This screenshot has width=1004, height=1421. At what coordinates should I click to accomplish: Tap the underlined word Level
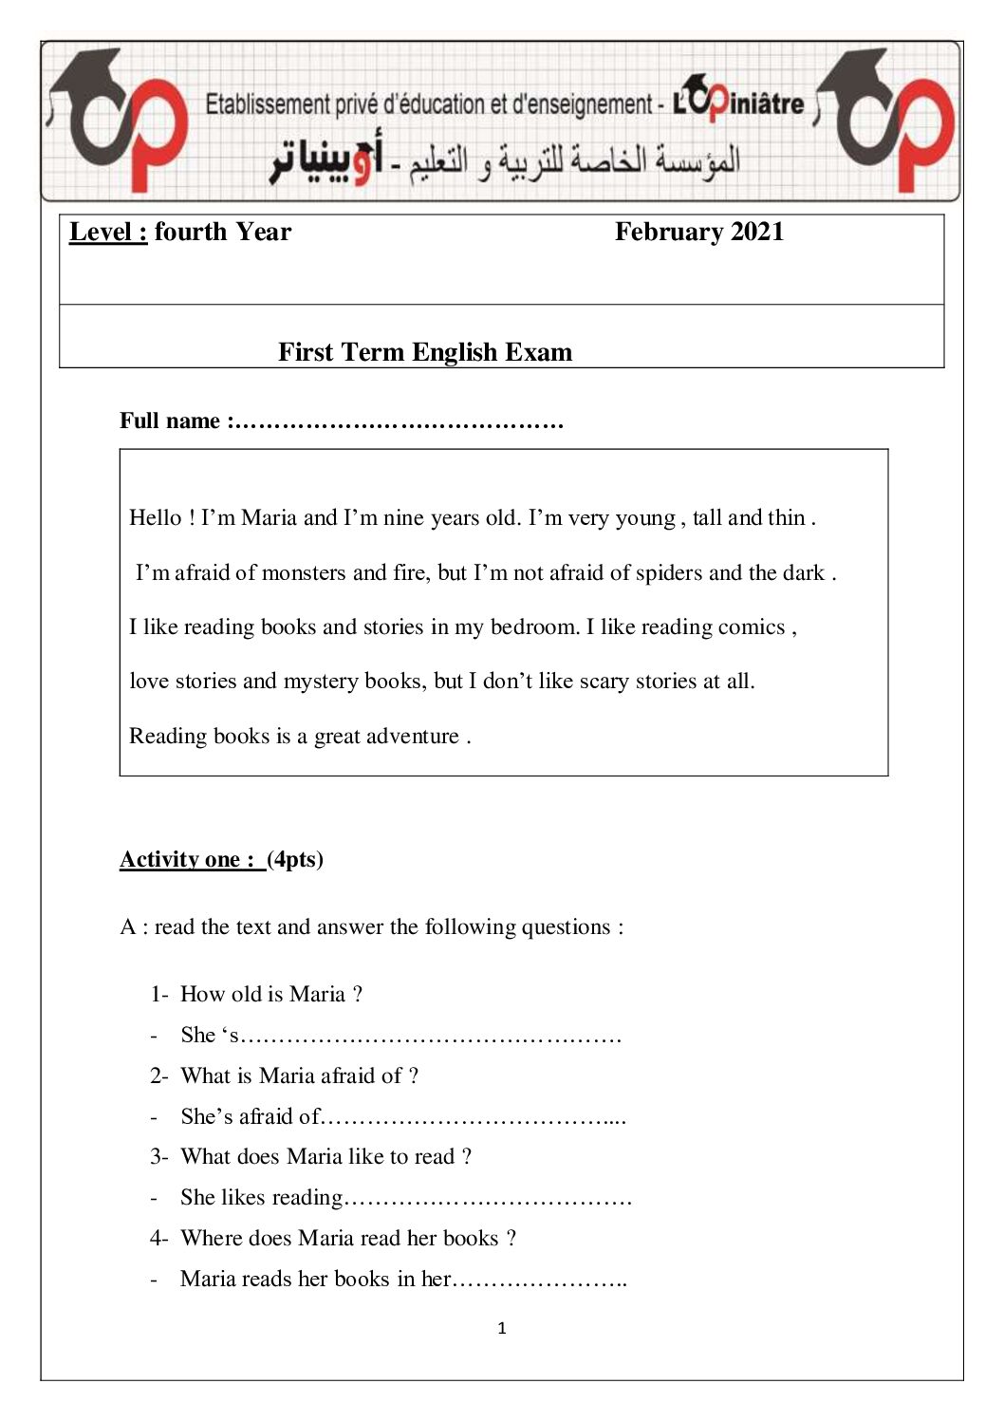pos(107,232)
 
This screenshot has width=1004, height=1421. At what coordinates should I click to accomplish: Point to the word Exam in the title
pos(538,352)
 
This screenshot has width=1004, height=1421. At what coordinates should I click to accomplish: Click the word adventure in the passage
pos(412,736)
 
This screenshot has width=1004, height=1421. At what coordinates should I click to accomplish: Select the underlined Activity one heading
pos(189,859)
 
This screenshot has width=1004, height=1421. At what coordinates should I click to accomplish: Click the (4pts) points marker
pos(295,859)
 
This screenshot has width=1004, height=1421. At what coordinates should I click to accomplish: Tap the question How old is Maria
pos(270,994)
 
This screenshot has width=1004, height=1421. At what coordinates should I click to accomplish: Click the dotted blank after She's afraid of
pos(474,1117)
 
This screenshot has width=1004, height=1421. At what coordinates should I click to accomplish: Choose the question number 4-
pos(158,1238)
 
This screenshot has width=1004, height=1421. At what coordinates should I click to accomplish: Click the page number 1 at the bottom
pos(502,1328)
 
